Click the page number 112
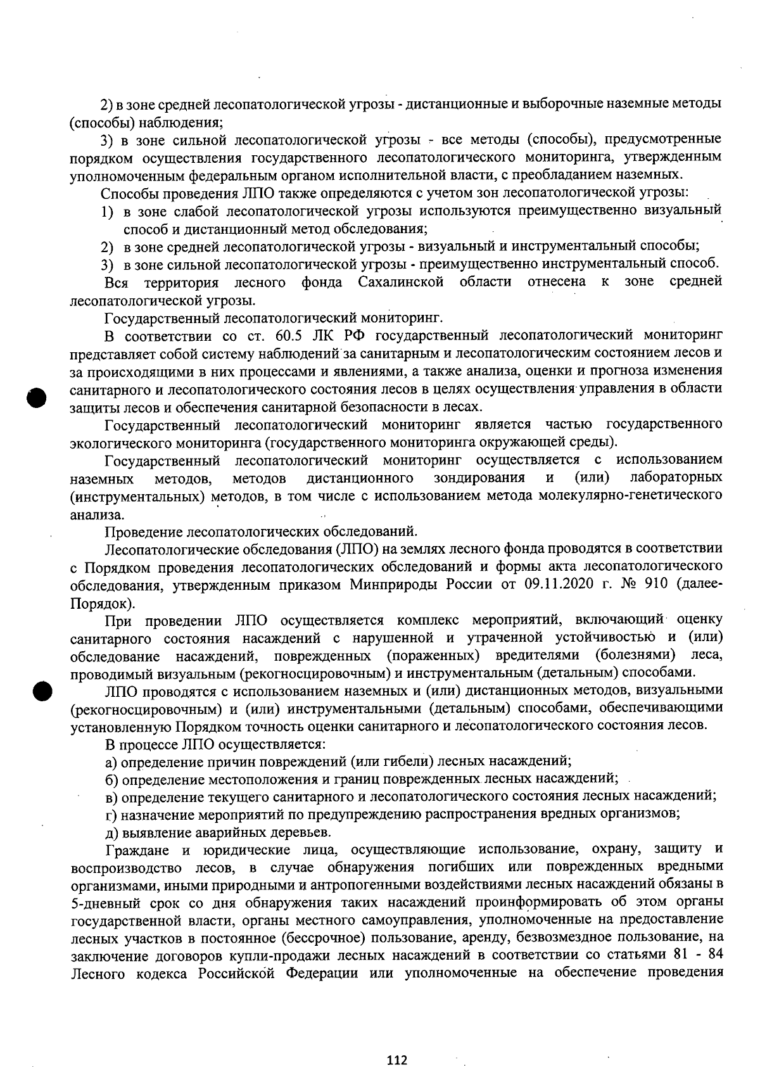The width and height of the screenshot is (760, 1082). click(397, 1060)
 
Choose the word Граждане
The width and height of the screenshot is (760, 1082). click(135, 849)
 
